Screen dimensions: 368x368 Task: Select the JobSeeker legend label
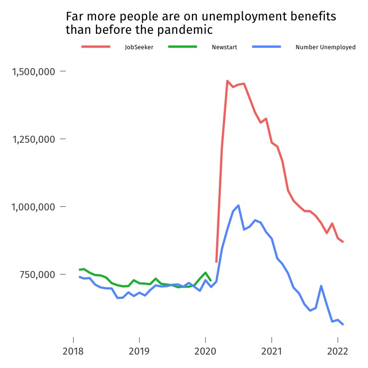[139, 47]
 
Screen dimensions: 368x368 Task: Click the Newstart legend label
[224, 47]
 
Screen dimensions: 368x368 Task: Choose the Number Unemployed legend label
[325, 47]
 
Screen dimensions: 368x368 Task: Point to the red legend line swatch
[95, 47]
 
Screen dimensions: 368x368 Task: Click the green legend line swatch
[183, 47]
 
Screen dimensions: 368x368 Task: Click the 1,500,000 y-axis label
[32, 72]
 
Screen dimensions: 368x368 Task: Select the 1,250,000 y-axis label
[32, 139]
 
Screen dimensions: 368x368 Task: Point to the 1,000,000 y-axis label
[32, 207]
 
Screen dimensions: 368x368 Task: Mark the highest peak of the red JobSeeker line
[227, 81]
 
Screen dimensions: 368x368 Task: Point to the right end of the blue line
[343, 325]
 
